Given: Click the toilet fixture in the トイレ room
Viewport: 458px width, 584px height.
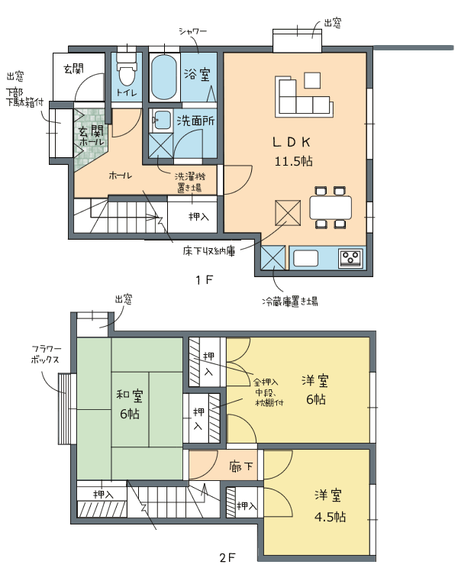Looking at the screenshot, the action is coord(127,71).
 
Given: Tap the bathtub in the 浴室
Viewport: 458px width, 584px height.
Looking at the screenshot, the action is coord(164,77).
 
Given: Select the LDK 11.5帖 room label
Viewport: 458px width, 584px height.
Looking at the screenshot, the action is coord(293,152).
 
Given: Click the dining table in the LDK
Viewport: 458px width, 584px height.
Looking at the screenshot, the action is coord(331,207).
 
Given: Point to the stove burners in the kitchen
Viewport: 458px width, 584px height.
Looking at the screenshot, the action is coord(351,258).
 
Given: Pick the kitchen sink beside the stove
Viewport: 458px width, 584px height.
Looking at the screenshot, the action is coord(305,258).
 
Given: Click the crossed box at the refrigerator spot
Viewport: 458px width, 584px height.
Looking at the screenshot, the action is coord(273,257).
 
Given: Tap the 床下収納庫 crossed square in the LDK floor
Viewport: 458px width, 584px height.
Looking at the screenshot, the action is coord(288,213).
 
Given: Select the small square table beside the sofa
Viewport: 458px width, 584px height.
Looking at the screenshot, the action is coord(312,80).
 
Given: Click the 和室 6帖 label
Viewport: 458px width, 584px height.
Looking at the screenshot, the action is coord(130,405).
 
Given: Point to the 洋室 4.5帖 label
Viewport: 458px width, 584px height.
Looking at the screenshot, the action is coord(329,506).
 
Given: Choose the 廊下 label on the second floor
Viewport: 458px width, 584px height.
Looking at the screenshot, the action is coord(241,466).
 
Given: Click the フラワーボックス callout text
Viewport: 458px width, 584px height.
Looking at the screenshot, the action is coord(46,354).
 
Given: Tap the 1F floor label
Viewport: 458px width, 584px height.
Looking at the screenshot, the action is coord(205,279).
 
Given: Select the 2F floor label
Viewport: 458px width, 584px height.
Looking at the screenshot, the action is coord(227,558).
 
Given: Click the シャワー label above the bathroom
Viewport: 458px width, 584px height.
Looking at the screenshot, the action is coord(192,31).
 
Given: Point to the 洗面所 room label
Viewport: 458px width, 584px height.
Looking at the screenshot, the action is coord(196,121).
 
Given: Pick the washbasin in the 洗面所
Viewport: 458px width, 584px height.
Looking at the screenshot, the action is coord(163,120).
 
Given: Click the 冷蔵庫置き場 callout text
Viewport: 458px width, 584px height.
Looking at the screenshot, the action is coord(289,301).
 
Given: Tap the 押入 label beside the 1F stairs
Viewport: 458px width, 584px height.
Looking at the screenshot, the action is coord(198,216).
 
